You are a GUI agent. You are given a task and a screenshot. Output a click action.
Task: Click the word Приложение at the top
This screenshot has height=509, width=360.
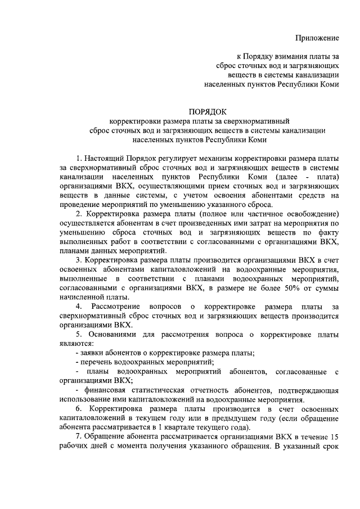pyautogui.click(x=318, y=38)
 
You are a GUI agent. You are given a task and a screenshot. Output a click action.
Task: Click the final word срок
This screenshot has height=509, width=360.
pyautogui.click(x=330, y=454)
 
